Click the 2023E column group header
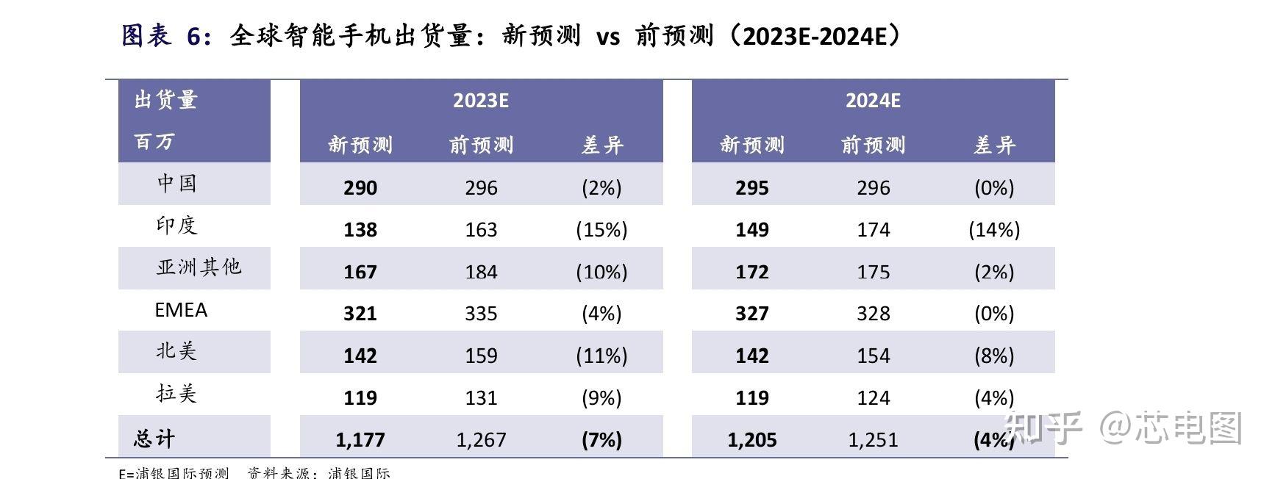point(481,101)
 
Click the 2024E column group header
point(873,101)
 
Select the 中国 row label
point(176,183)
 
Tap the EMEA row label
point(181,310)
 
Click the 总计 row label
point(154,439)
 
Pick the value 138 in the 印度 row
point(360,230)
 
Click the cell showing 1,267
point(481,440)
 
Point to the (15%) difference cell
point(601,230)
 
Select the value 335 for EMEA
point(481,314)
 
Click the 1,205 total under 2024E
point(751,440)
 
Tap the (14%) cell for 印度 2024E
point(994,230)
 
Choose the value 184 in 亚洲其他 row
point(481,272)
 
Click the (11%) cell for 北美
point(601,356)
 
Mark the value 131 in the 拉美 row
point(481,398)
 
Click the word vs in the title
point(608,37)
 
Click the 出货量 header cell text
point(166,100)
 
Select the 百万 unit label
point(154,141)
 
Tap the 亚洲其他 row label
point(199,267)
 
